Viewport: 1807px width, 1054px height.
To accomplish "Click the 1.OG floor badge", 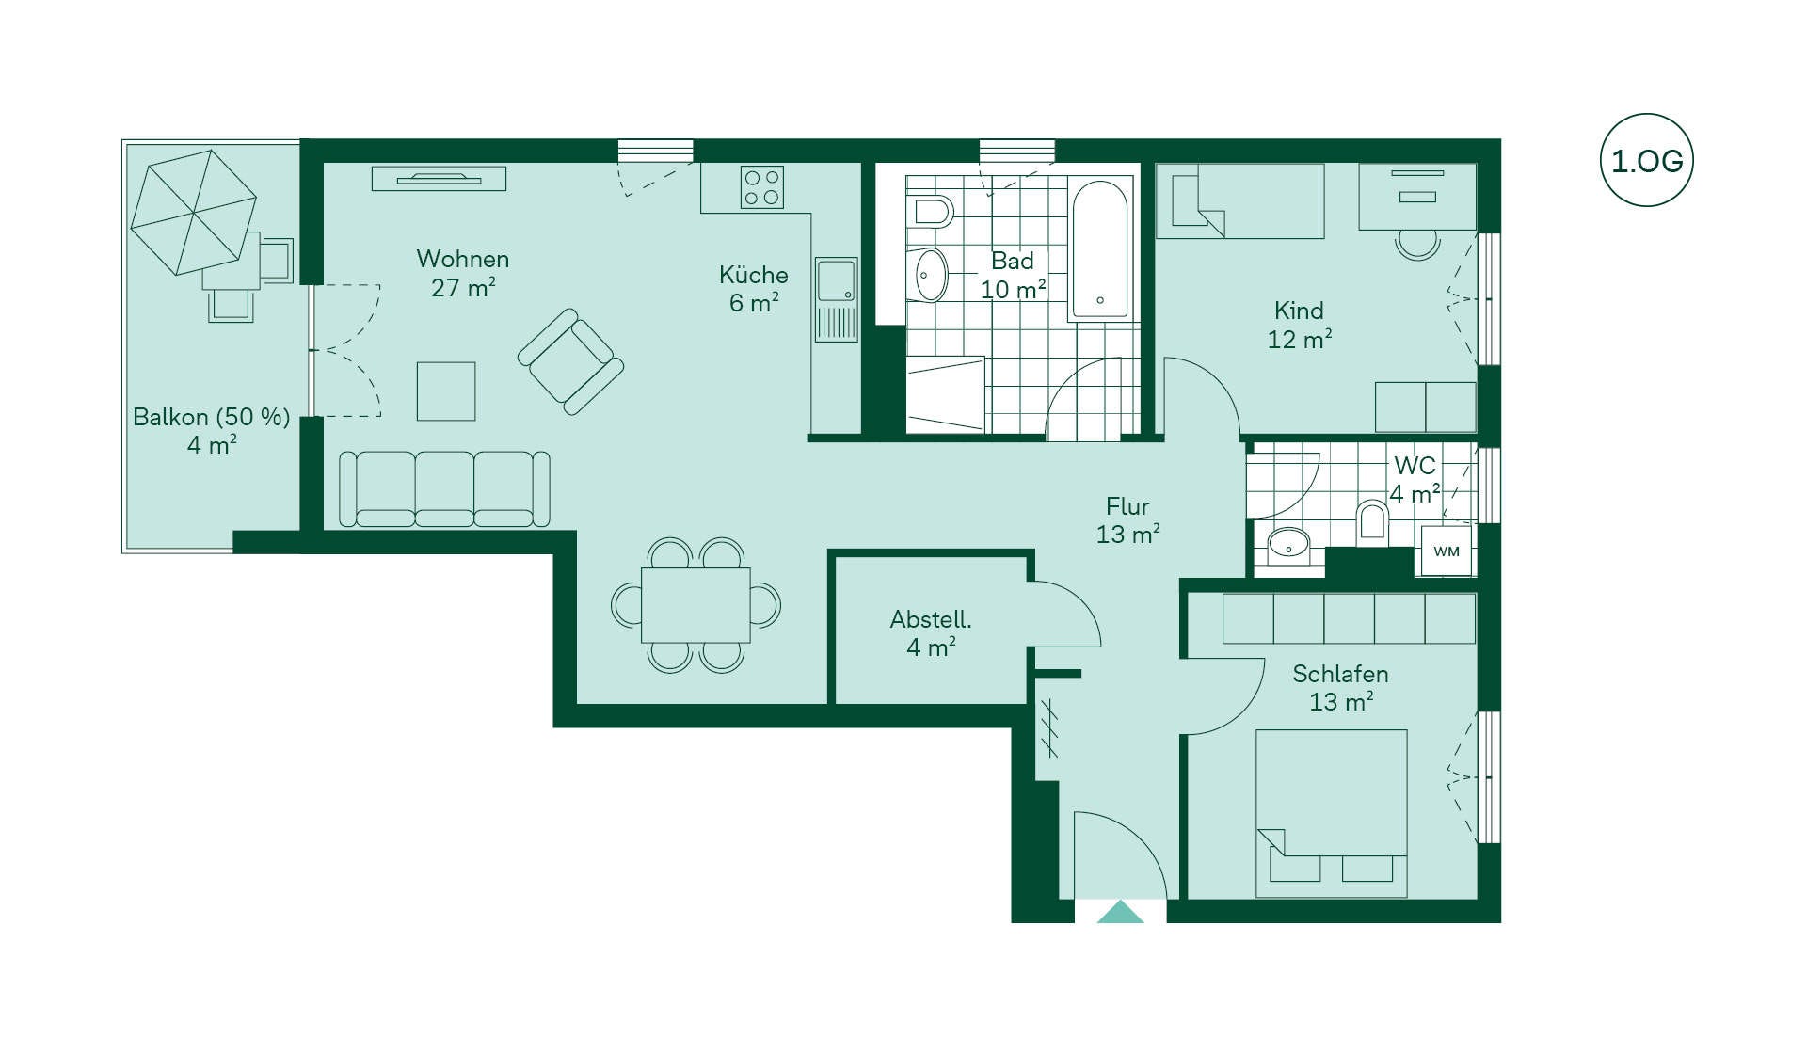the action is [1646, 161].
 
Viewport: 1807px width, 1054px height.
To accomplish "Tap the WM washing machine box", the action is [1446, 551].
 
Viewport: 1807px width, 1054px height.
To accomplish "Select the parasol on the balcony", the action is [193, 212].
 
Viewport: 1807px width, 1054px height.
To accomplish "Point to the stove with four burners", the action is [761, 187].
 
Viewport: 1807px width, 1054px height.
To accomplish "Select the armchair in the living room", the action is [570, 361].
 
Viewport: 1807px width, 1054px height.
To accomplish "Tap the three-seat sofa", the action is [444, 488].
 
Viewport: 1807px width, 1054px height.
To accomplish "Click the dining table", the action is [696, 605].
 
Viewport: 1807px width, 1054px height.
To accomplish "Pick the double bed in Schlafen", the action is [1332, 813].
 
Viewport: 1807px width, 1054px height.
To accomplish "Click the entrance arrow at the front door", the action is [1120, 912].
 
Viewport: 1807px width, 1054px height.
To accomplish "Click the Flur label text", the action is [1127, 506].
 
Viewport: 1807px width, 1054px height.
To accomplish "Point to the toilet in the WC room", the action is [1372, 523].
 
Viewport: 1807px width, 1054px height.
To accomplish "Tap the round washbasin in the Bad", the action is [931, 275].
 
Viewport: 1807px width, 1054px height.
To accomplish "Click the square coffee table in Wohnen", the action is [446, 391].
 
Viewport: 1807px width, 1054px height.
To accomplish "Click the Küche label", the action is [753, 275].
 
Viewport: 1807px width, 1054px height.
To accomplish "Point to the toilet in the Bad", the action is [932, 212].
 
